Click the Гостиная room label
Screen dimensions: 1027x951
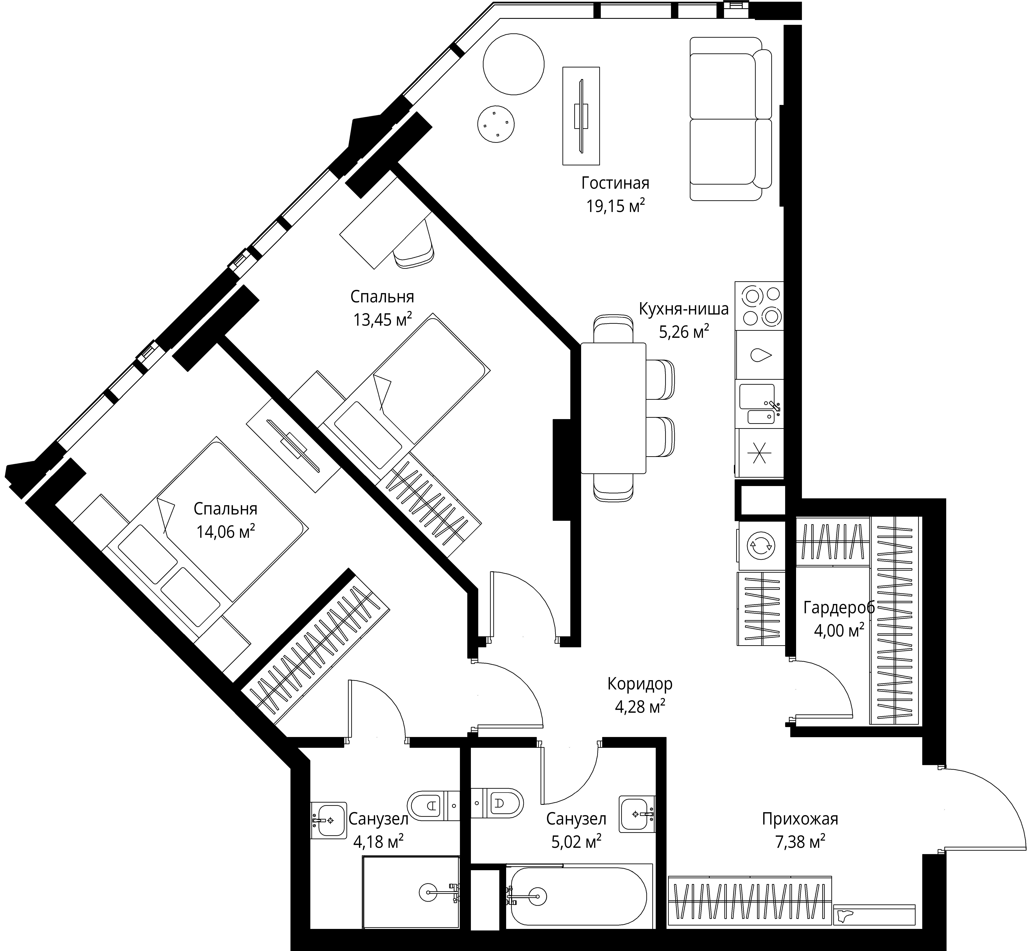tap(615, 183)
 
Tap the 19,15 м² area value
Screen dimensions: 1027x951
tap(615, 206)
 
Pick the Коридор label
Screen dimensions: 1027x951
tap(639, 684)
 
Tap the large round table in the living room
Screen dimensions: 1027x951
tap(513, 64)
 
